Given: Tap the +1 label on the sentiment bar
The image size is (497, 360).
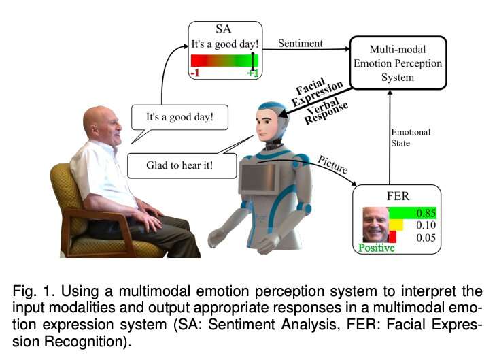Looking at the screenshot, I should click(x=252, y=73).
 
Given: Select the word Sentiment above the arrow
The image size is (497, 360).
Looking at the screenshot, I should click(x=301, y=44).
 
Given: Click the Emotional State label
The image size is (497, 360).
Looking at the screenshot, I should click(x=410, y=137).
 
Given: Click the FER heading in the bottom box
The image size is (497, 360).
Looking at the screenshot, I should click(x=397, y=195).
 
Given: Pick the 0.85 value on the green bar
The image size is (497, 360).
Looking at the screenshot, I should click(x=425, y=213).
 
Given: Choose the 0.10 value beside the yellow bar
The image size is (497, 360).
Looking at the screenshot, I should click(x=425, y=225).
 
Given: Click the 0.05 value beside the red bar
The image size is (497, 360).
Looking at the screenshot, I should click(x=425, y=238).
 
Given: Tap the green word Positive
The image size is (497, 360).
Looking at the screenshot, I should click(x=376, y=248).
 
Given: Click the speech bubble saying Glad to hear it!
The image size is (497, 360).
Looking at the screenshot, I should click(x=180, y=165).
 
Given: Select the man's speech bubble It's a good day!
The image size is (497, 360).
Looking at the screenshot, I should click(x=179, y=117).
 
